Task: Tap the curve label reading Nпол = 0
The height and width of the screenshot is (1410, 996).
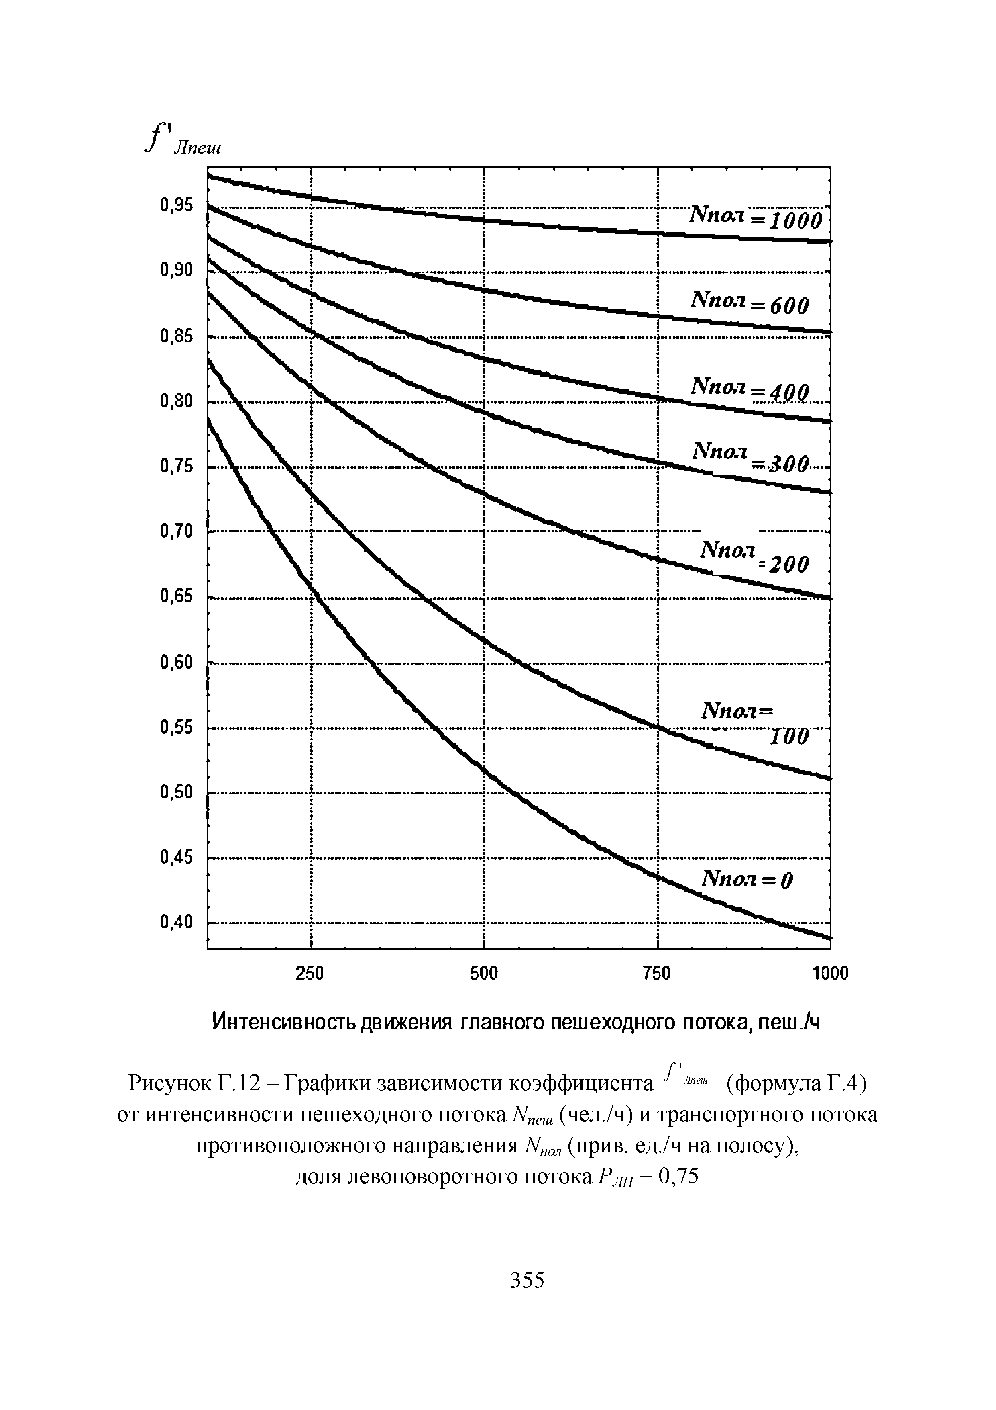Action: pyautogui.click(x=747, y=880)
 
